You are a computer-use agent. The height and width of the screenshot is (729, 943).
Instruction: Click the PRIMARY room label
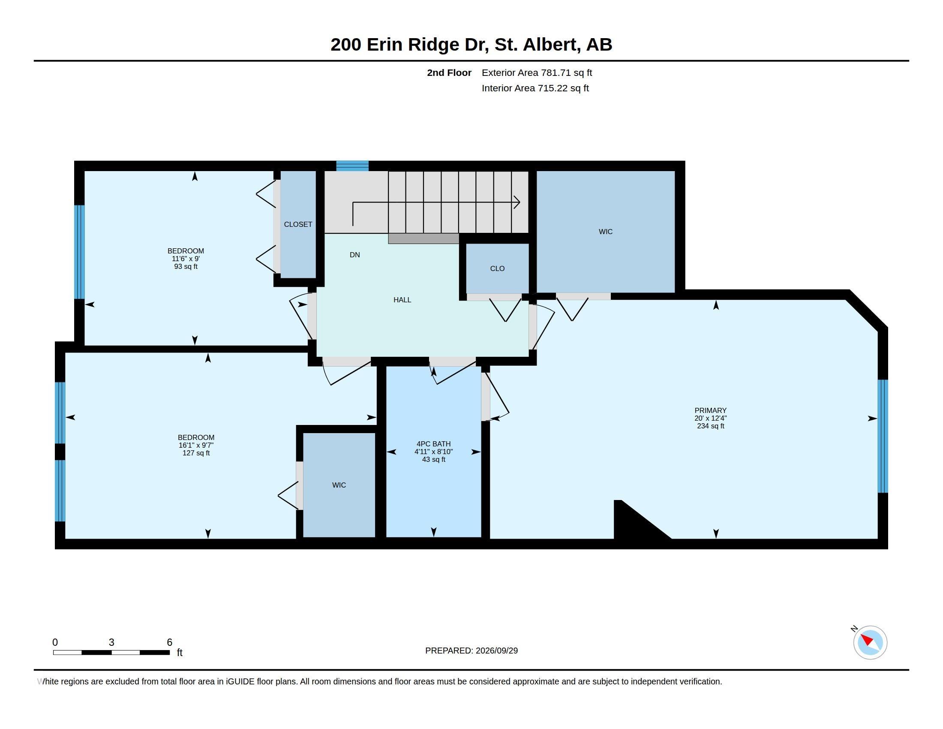710,410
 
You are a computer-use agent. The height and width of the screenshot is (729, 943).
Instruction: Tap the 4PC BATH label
433,443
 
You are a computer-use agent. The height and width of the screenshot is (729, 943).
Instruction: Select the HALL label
402,300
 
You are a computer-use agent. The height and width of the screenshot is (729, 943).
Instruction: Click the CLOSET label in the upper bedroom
298,224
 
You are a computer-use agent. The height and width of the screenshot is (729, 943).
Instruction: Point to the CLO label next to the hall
497,268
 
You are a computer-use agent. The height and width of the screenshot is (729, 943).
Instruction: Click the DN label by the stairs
354,255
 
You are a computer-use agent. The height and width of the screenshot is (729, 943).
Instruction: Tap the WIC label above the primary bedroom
605,232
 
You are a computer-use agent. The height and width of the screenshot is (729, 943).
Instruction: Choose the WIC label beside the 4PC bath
339,485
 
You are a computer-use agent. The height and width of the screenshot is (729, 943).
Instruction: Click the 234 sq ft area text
710,426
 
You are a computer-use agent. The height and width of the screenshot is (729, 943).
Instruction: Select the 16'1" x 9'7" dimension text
196,445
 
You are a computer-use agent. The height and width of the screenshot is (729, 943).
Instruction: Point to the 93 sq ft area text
186,266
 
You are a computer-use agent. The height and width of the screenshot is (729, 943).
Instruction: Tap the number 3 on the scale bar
111,642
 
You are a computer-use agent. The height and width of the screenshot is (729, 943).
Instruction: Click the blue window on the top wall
352,166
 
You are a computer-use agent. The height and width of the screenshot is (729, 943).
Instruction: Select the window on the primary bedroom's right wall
883,436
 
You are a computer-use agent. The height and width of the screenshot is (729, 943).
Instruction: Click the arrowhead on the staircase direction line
517,202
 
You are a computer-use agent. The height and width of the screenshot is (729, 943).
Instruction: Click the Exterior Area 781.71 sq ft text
537,72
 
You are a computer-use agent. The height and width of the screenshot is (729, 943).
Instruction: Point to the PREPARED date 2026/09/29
496,651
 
